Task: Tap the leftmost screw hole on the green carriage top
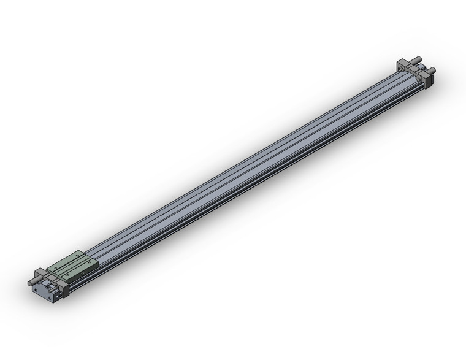pos(56,267)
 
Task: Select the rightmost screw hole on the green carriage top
pos(89,262)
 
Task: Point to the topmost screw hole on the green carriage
pos(77,255)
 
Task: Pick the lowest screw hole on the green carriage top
pos(67,275)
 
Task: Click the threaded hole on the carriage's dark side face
pos(82,273)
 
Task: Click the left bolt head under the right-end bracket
pos(402,69)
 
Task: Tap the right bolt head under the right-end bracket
pos(418,78)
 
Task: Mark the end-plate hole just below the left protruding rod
pos(36,290)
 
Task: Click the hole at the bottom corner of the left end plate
pos(50,297)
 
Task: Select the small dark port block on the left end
pos(58,296)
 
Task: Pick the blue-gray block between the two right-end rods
pos(421,66)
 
